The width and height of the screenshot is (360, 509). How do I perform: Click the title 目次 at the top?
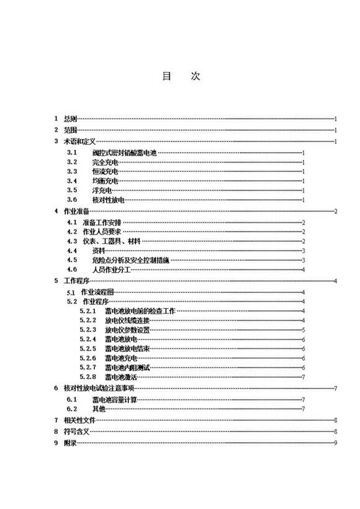click(x=181, y=76)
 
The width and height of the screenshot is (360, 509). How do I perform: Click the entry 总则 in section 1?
click(x=70, y=118)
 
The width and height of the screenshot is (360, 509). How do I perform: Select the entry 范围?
click(x=70, y=130)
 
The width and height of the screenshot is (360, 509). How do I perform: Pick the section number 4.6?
click(x=71, y=269)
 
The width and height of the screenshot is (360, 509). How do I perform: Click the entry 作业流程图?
click(x=98, y=292)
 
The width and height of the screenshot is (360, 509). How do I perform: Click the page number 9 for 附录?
click(x=335, y=442)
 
